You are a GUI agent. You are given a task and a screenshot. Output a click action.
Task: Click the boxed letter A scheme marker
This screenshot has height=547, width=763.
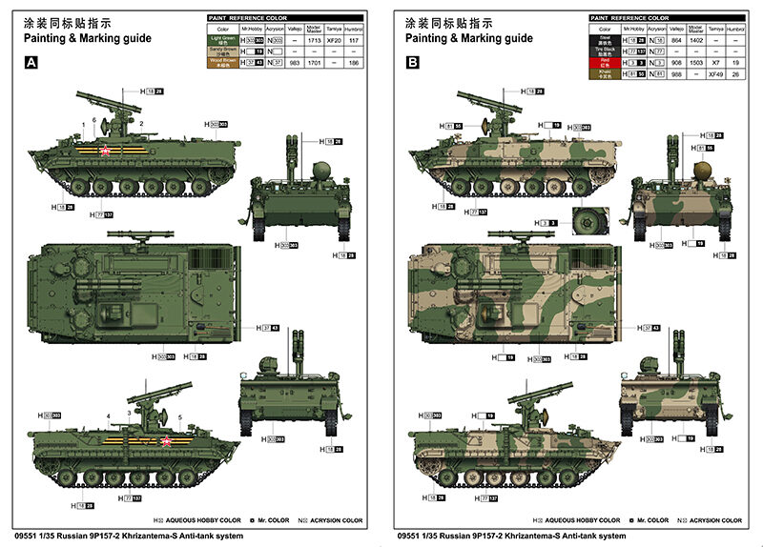click(x=31, y=63)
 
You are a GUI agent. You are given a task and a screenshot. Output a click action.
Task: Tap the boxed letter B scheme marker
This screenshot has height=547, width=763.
click(x=413, y=63)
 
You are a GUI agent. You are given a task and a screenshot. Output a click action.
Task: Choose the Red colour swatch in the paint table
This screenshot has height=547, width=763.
click(x=605, y=62)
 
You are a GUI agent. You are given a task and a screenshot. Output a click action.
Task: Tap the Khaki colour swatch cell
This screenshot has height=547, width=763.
click(x=605, y=72)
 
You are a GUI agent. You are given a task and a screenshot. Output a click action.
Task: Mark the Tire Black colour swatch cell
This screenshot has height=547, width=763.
click(x=605, y=51)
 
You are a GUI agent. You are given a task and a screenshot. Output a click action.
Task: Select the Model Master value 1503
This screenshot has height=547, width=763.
click(x=695, y=62)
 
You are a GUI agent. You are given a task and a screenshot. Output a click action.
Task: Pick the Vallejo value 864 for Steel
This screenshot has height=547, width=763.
click(x=675, y=41)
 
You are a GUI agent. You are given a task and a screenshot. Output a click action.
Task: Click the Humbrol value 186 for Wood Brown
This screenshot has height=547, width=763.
click(x=356, y=62)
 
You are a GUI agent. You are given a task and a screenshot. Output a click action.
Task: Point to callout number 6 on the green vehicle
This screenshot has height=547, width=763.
click(x=94, y=120)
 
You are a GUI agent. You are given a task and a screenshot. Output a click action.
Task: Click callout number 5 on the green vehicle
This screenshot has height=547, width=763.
click(x=179, y=417)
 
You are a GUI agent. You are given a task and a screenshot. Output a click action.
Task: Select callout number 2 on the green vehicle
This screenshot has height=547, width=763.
click(x=141, y=124)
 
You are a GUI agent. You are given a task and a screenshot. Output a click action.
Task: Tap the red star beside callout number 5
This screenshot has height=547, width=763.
click(x=166, y=440)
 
